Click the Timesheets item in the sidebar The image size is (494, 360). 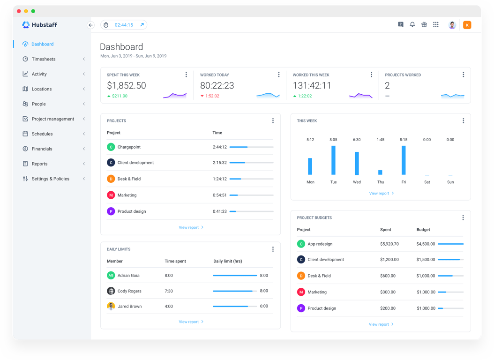click(43, 59)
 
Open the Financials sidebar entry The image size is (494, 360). click(42, 149)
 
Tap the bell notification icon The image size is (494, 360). click(412, 25)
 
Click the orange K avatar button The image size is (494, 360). click(467, 25)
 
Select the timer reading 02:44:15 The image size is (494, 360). click(124, 25)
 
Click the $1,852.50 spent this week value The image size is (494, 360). click(127, 86)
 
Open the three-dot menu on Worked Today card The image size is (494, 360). click(278, 75)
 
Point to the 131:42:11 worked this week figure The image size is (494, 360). click(312, 86)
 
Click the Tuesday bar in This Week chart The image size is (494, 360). click(333, 160)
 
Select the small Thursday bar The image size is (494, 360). click(380, 172)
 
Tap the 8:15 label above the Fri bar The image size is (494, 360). click(404, 140)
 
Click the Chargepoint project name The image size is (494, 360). click(129, 147)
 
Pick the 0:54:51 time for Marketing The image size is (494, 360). click(219, 195)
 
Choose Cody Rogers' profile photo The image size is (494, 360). click(111, 291)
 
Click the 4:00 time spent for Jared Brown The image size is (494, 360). click(169, 307)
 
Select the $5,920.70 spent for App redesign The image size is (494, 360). click(389, 244)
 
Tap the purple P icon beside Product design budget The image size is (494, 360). click(301, 308)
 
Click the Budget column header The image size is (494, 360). click(423, 230)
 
